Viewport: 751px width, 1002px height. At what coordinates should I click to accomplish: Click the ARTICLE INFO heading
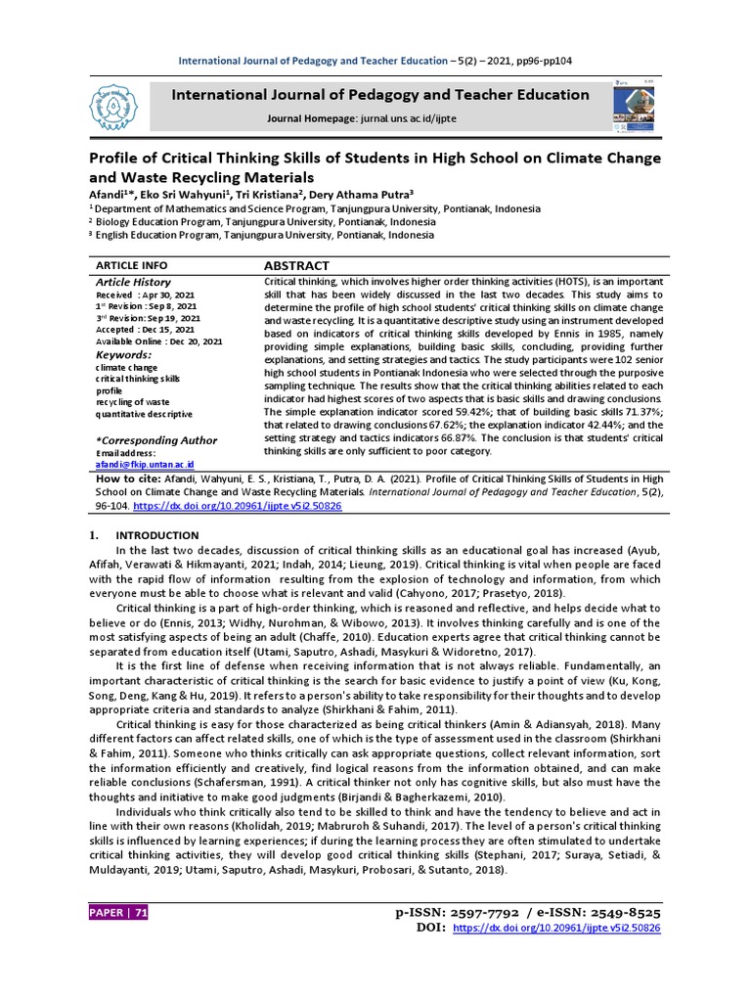click(x=131, y=266)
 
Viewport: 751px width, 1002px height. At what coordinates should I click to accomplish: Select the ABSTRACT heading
click(x=297, y=266)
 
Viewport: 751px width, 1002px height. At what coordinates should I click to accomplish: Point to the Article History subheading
click(x=133, y=282)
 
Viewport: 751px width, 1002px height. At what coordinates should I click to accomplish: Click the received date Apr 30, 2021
click(x=167, y=295)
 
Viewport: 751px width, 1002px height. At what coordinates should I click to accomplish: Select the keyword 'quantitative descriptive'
click(x=144, y=414)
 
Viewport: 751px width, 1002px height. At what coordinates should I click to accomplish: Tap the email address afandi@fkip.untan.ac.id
click(x=145, y=464)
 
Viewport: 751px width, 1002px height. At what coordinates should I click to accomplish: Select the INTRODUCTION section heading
click(x=156, y=535)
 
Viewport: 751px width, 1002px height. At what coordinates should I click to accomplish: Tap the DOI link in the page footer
click(x=557, y=928)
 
